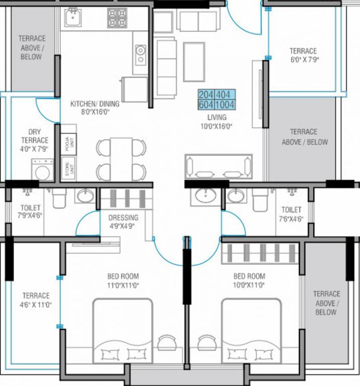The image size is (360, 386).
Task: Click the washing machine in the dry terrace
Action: click(43, 170)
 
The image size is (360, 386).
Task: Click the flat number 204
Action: click(206, 95)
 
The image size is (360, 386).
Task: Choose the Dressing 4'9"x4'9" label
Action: click(123, 222)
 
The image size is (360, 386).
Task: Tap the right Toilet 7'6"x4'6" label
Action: click(291, 214)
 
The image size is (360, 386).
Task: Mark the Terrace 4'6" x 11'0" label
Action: click(36, 300)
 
